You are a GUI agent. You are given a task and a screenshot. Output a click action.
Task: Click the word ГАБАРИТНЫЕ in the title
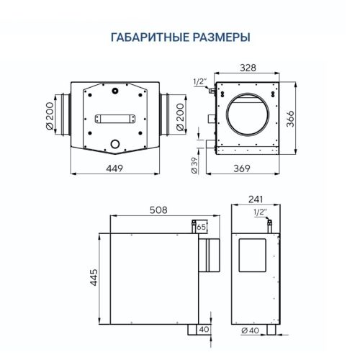click(144, 37)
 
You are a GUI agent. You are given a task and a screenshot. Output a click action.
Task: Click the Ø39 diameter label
click(193, 166)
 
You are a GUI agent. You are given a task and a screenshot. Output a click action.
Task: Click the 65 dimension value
click(201, 227)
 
